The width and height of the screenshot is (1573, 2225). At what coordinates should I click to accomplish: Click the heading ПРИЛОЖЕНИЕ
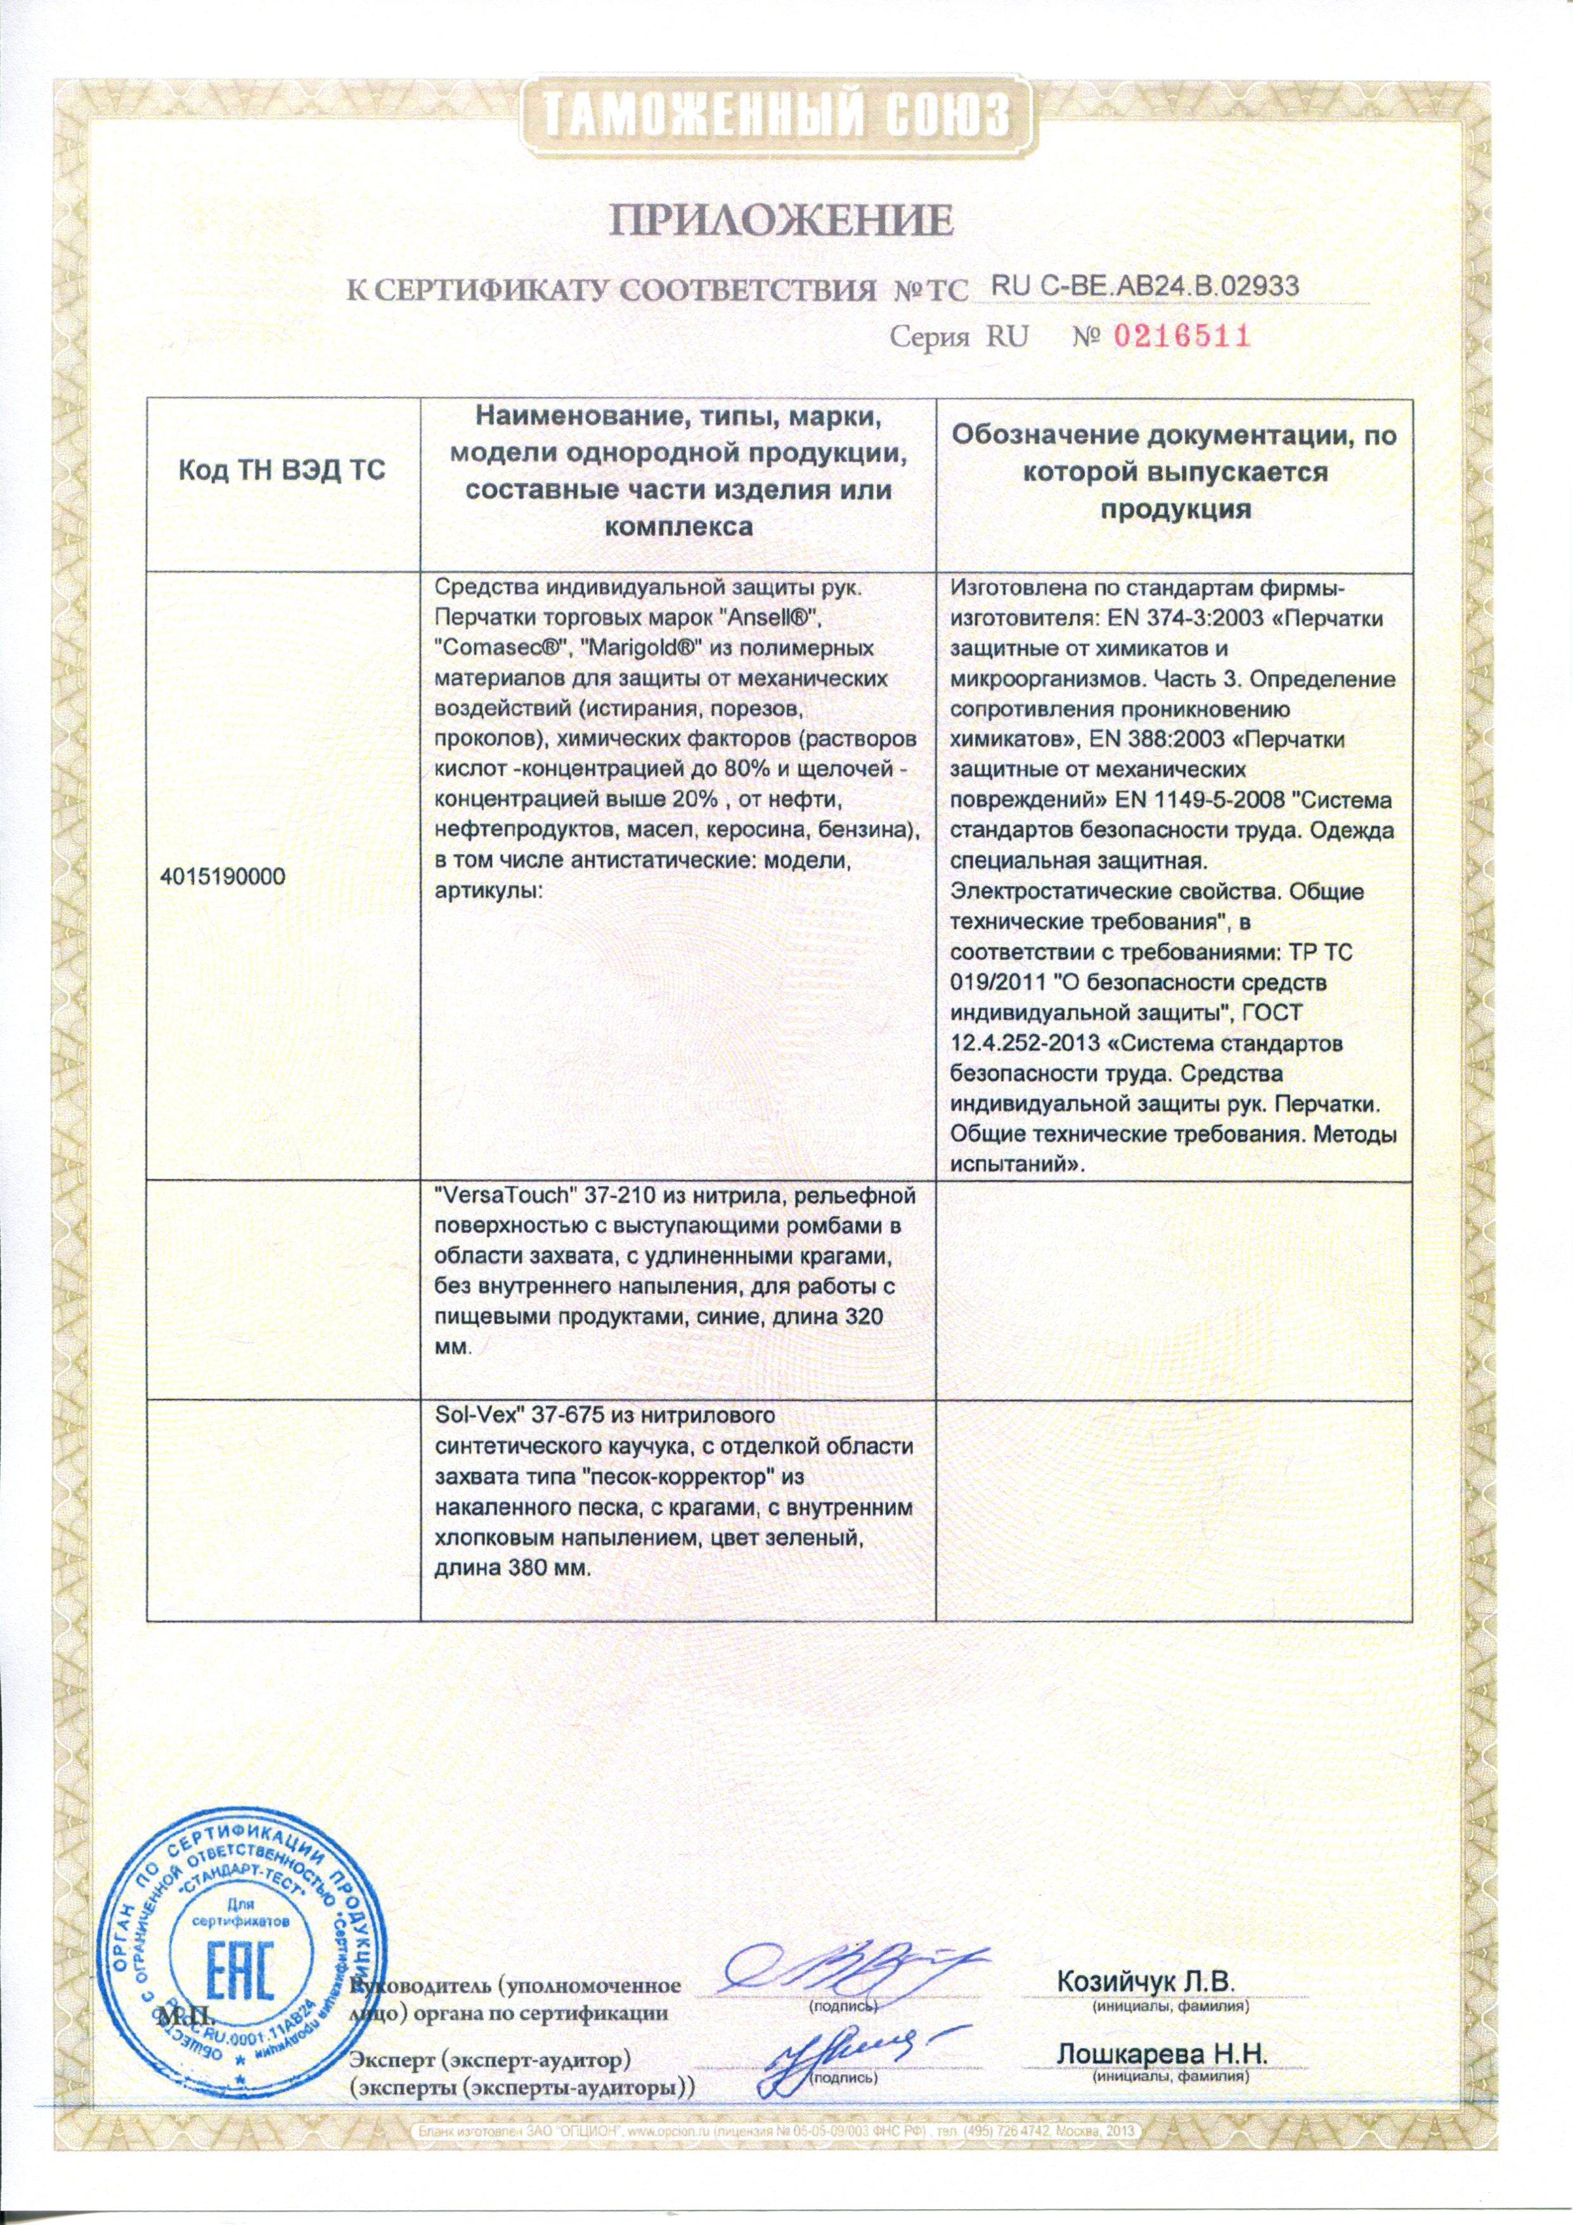click(783, 221)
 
